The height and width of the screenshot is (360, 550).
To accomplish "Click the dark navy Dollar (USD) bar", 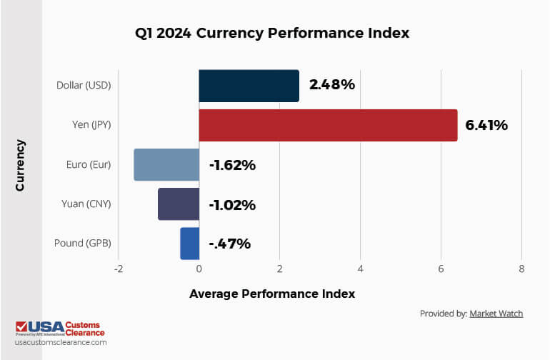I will (249, 86).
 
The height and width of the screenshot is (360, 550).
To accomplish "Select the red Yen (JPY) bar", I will (328, 125).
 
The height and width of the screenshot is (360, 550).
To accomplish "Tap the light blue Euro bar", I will (166, 165).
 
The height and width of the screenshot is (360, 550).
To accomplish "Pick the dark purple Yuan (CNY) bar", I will (178, 204).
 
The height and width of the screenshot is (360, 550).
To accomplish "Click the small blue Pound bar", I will (189, 244).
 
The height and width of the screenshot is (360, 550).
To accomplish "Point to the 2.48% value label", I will (331, 85).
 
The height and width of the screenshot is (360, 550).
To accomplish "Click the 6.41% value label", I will (486, 125).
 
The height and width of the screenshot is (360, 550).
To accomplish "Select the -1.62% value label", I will (232, 165).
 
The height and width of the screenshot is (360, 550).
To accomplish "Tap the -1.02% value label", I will (232, 205).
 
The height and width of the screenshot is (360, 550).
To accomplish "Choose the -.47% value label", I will (229, 244).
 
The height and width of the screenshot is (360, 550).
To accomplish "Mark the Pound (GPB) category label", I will (82, 244).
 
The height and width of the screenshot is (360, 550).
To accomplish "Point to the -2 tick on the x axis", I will (118, 269).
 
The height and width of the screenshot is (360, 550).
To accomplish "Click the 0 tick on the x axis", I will (199, 269).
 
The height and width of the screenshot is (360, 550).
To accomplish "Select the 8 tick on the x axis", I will (521, 269).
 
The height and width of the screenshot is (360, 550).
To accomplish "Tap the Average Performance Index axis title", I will (271, 294).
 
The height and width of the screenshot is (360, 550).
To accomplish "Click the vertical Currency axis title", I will (21, 165).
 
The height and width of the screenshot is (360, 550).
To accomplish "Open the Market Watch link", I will (496, 314).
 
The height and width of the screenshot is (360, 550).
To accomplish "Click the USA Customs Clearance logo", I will (60, 329).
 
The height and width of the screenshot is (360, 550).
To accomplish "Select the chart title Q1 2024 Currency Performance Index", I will (271, 33).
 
